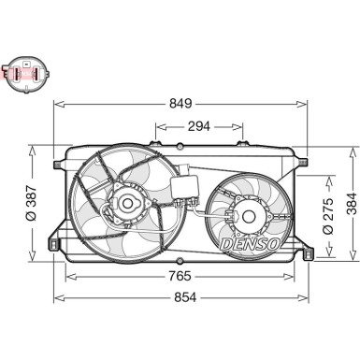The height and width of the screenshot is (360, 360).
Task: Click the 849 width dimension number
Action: point(180,94)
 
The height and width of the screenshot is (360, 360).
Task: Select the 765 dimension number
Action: point(180,276)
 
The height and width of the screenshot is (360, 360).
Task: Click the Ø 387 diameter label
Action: point(33,201)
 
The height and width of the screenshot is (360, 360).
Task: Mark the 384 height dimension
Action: point(352,201)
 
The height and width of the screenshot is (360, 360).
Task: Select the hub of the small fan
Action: point(248,218)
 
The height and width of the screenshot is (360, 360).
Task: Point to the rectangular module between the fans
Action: point(184,187)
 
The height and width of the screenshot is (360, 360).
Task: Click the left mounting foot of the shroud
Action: point(54,245)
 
